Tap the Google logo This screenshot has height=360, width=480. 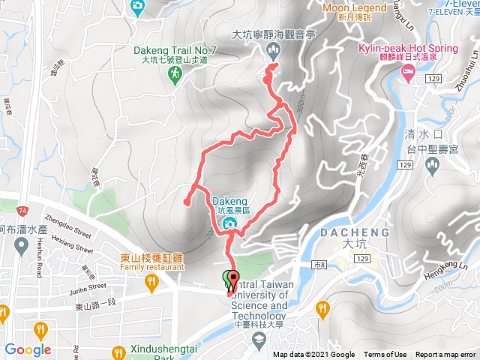28,349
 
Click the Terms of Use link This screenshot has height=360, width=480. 385,355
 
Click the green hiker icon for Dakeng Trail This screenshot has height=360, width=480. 175,73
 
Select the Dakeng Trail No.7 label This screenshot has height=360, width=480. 174,51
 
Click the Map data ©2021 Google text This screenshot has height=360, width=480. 313,355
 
